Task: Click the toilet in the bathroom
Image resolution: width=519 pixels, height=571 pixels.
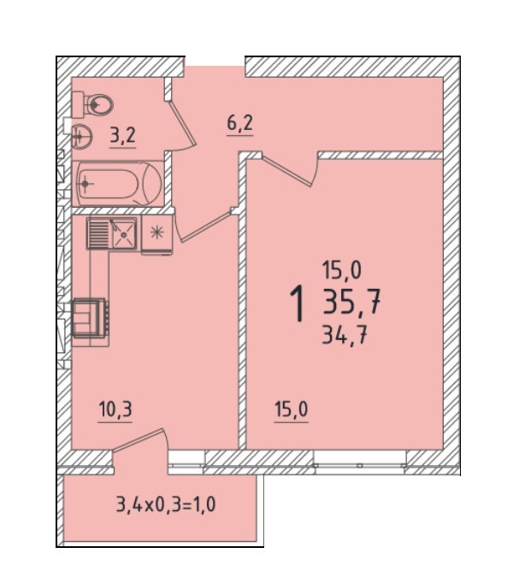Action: point(92,105)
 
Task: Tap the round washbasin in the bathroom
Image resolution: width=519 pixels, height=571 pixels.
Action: point(81,136)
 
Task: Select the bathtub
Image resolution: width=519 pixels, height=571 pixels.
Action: point(118,184)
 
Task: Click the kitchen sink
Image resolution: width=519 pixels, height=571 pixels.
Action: point(112,233)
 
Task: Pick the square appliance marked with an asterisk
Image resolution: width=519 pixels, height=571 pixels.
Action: point(157,233)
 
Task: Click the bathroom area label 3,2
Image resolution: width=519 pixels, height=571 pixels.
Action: point(123,136)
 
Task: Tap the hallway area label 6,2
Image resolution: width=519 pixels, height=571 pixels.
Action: point(239,124)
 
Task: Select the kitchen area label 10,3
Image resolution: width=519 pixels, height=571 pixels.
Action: point(115,410)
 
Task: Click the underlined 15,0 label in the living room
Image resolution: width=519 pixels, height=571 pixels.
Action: point(292,410)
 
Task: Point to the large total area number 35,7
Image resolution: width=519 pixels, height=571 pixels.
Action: point(351,301)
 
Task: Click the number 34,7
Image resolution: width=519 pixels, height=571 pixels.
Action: point(345,335)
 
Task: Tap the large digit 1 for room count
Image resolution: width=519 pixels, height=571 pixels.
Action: point(298,303)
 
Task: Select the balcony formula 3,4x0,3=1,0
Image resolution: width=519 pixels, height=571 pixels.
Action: point(166,505)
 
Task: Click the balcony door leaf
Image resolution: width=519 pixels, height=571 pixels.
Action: point(138,440)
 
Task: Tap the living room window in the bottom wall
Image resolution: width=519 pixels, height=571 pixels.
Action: point(360,462)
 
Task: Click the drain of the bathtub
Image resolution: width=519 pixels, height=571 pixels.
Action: point(86,184)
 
